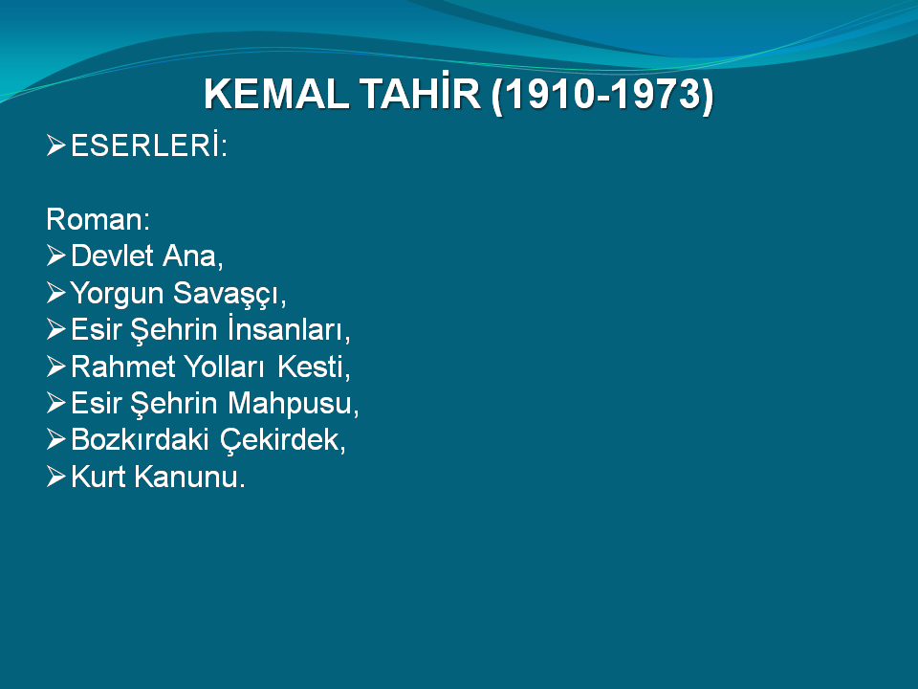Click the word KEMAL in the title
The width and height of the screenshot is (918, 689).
(x=275, y=94)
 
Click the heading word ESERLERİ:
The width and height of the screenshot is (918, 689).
(x=149, y=144)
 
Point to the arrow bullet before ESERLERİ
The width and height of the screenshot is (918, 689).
(x=55, y=144)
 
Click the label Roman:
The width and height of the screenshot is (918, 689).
(x=98, y=219)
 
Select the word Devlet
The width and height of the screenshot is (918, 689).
(x=113, y=256)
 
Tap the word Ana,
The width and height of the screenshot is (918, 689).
(x=193, y=256)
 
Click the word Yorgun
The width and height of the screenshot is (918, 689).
(x=117, y=294)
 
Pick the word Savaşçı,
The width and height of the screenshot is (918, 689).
(x=229, y=294)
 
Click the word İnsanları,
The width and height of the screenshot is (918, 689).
(x=289, y=328)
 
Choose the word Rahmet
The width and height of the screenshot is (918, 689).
(x=123, y=367)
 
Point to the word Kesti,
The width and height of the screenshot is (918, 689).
(x=314, y=367)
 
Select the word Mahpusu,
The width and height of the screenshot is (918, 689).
(x=293, y=404)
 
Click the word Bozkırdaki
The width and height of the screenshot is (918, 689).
(x=140, y=440)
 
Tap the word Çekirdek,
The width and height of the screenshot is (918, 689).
(x=283, y=440)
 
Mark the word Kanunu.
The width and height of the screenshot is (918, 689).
(x=189, y=477)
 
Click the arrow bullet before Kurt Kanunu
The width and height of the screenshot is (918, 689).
(x=55, y=477)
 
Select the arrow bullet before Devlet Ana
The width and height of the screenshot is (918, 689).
(x=55, y=256)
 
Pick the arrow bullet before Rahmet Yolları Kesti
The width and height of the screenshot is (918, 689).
(x=55, y=367)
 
